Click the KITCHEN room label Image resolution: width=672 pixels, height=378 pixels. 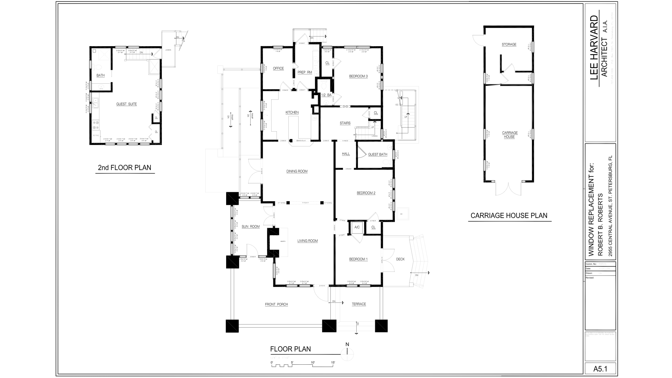[x=292, y=112]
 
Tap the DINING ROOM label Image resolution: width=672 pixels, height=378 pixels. [x=297, y=171]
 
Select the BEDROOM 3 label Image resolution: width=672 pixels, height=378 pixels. [x=358, y=76]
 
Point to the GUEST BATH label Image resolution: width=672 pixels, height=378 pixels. [x=377, y=154]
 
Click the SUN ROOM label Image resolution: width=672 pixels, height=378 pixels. [x=251, y=226]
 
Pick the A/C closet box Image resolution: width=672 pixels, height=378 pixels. [x=357, y=227]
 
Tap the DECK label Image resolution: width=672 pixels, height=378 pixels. [x=400, y=259]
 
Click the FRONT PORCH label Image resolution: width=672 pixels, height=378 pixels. [x=276, y=304]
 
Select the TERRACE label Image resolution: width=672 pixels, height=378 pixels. [x=358, y=304]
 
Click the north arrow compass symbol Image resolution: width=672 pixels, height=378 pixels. [x=347, y=353]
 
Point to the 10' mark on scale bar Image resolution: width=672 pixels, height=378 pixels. [x=313, y=363]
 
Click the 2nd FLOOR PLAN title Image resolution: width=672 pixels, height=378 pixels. [x=125, y=168]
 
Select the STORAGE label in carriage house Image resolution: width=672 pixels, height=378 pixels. [x=509, y=44]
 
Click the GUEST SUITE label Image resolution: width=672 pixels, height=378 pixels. [x=126, y=104]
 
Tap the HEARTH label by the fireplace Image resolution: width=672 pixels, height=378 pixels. [x=282, y=241]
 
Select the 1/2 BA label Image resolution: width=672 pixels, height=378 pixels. [x=326, y=95]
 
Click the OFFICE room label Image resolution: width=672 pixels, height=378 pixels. [x=278, y=68]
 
